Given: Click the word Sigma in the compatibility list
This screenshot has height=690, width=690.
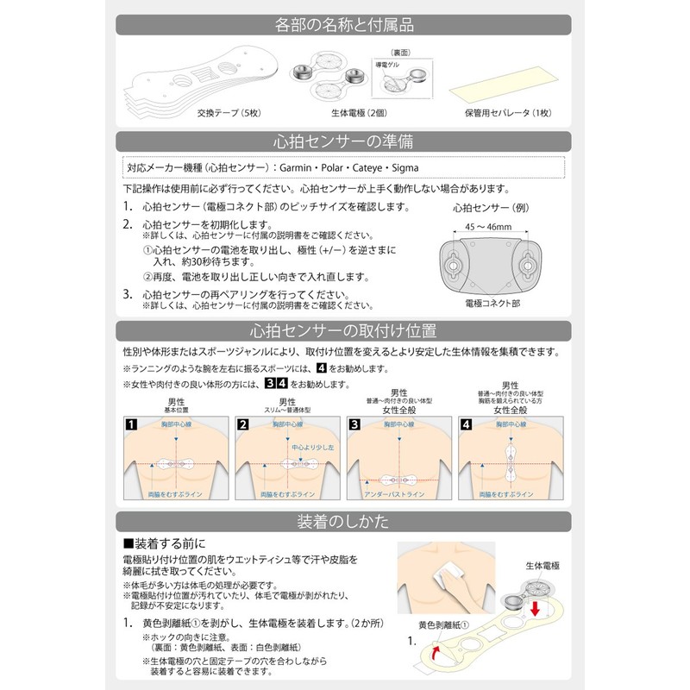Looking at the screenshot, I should (x=408, y=167).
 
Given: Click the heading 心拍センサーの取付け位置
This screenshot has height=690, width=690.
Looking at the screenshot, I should (x=344, y=330).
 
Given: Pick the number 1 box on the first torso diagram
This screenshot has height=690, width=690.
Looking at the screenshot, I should (x=131, y=424).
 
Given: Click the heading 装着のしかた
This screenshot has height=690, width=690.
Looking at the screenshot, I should (x=344, y=522).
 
